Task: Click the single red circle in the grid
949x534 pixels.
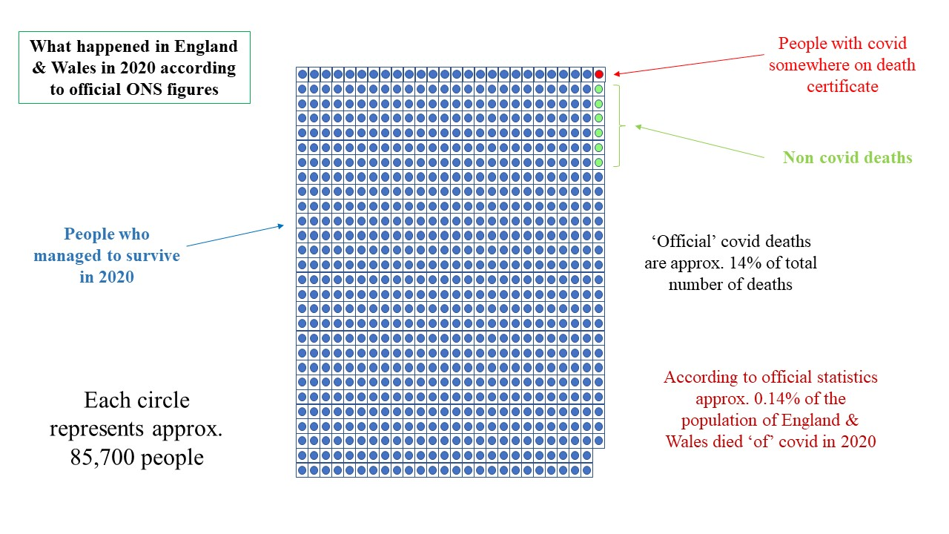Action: pyautogui.click(x=598, y=74)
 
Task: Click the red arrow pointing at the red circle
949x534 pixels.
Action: pyautogui.click(x=690, y=64)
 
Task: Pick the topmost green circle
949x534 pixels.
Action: pyautogui.click(x=598, y=89)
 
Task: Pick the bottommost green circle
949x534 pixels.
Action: pyautogui.click(x=598, y=162)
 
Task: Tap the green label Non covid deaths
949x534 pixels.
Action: pyautogui.click(x=847, y=157)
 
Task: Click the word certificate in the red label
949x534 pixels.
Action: pyautogui.click(x=842, y=87)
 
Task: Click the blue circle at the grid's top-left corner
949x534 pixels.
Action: pyautogui.click(x=302, y=74)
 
